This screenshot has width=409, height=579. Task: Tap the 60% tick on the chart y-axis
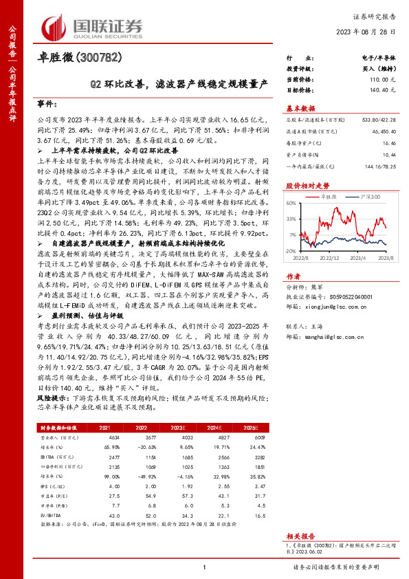coord(291,203)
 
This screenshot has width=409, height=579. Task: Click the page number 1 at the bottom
coord(204,567)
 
